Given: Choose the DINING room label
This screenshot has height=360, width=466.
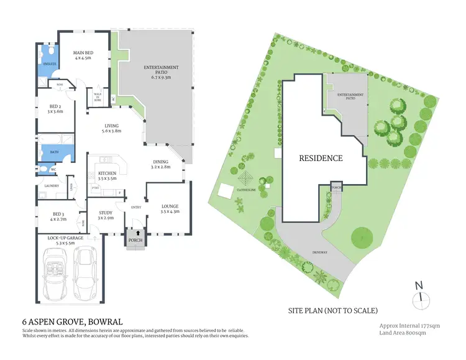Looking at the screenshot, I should click(161, 164).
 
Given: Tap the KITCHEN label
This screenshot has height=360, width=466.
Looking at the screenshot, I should click(107, 175).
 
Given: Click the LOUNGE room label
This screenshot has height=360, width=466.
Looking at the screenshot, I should click(170, 210).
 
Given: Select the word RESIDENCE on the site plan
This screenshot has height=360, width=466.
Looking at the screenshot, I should click(321, 158).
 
